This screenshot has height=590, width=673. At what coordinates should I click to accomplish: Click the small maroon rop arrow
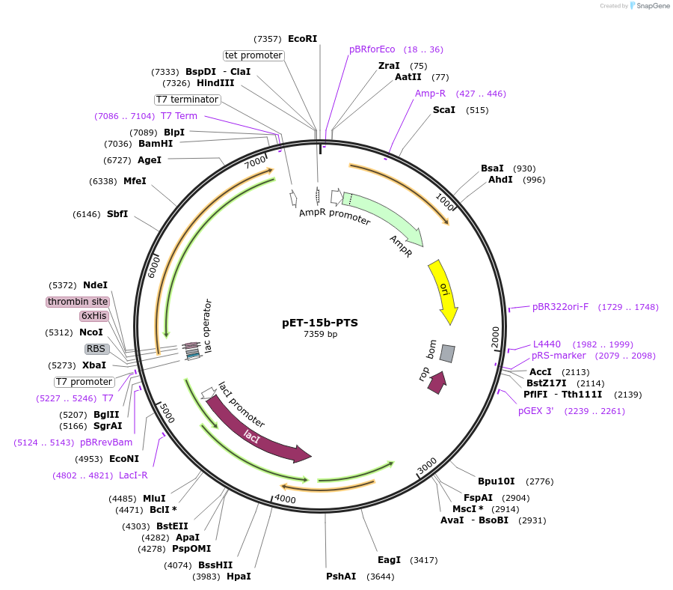437,382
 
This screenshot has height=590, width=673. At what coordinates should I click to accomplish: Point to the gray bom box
447,353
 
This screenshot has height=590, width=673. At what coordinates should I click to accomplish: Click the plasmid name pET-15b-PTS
320,323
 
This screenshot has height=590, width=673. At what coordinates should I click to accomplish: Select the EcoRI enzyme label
303,39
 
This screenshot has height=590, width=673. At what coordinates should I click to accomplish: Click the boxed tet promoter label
253,55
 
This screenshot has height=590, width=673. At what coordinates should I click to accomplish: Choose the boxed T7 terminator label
188,100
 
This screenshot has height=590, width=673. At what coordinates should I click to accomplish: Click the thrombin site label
77,302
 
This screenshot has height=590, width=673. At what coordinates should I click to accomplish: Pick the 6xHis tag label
93,316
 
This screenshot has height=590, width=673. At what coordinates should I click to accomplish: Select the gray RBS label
96,349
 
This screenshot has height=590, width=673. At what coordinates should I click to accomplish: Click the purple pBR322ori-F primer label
560,307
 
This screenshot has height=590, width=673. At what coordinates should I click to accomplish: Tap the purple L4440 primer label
547,344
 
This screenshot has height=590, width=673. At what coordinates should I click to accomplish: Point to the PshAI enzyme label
341,577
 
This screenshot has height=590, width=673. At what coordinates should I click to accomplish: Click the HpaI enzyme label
239,577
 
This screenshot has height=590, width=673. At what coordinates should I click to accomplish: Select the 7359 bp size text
320,334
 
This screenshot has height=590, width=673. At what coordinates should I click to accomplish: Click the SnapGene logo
650,6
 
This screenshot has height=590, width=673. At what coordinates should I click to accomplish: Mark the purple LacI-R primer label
133,475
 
